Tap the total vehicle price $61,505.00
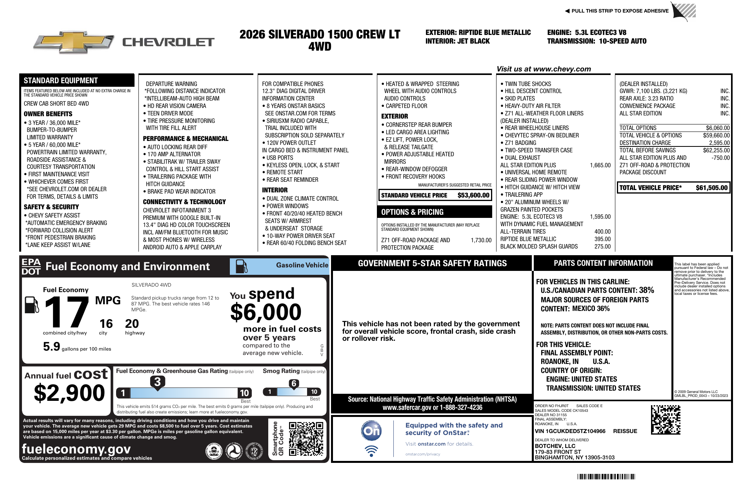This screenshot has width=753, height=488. point(711,188)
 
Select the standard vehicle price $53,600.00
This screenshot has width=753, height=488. point(473,195)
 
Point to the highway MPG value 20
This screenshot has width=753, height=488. point(132,324)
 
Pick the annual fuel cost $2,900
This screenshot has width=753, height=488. point(69,393)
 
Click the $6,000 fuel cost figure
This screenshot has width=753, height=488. point(266,313)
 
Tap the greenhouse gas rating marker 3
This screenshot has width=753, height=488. point(157,382)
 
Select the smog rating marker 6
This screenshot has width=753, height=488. point(294,383)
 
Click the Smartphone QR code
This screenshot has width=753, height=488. point(306,439)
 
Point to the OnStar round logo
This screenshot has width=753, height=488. point(371,431)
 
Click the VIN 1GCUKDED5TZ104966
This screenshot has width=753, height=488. point(570,431)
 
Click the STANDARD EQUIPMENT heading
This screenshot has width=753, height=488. point(61,80)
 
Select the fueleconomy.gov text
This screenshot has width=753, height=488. point(76,449)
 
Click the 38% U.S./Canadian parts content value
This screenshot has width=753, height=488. point(646,290)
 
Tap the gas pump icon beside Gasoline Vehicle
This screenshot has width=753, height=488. point(241,267)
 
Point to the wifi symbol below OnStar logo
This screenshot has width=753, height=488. point(371,451)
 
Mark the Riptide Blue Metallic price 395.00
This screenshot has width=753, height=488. point(602,239)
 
